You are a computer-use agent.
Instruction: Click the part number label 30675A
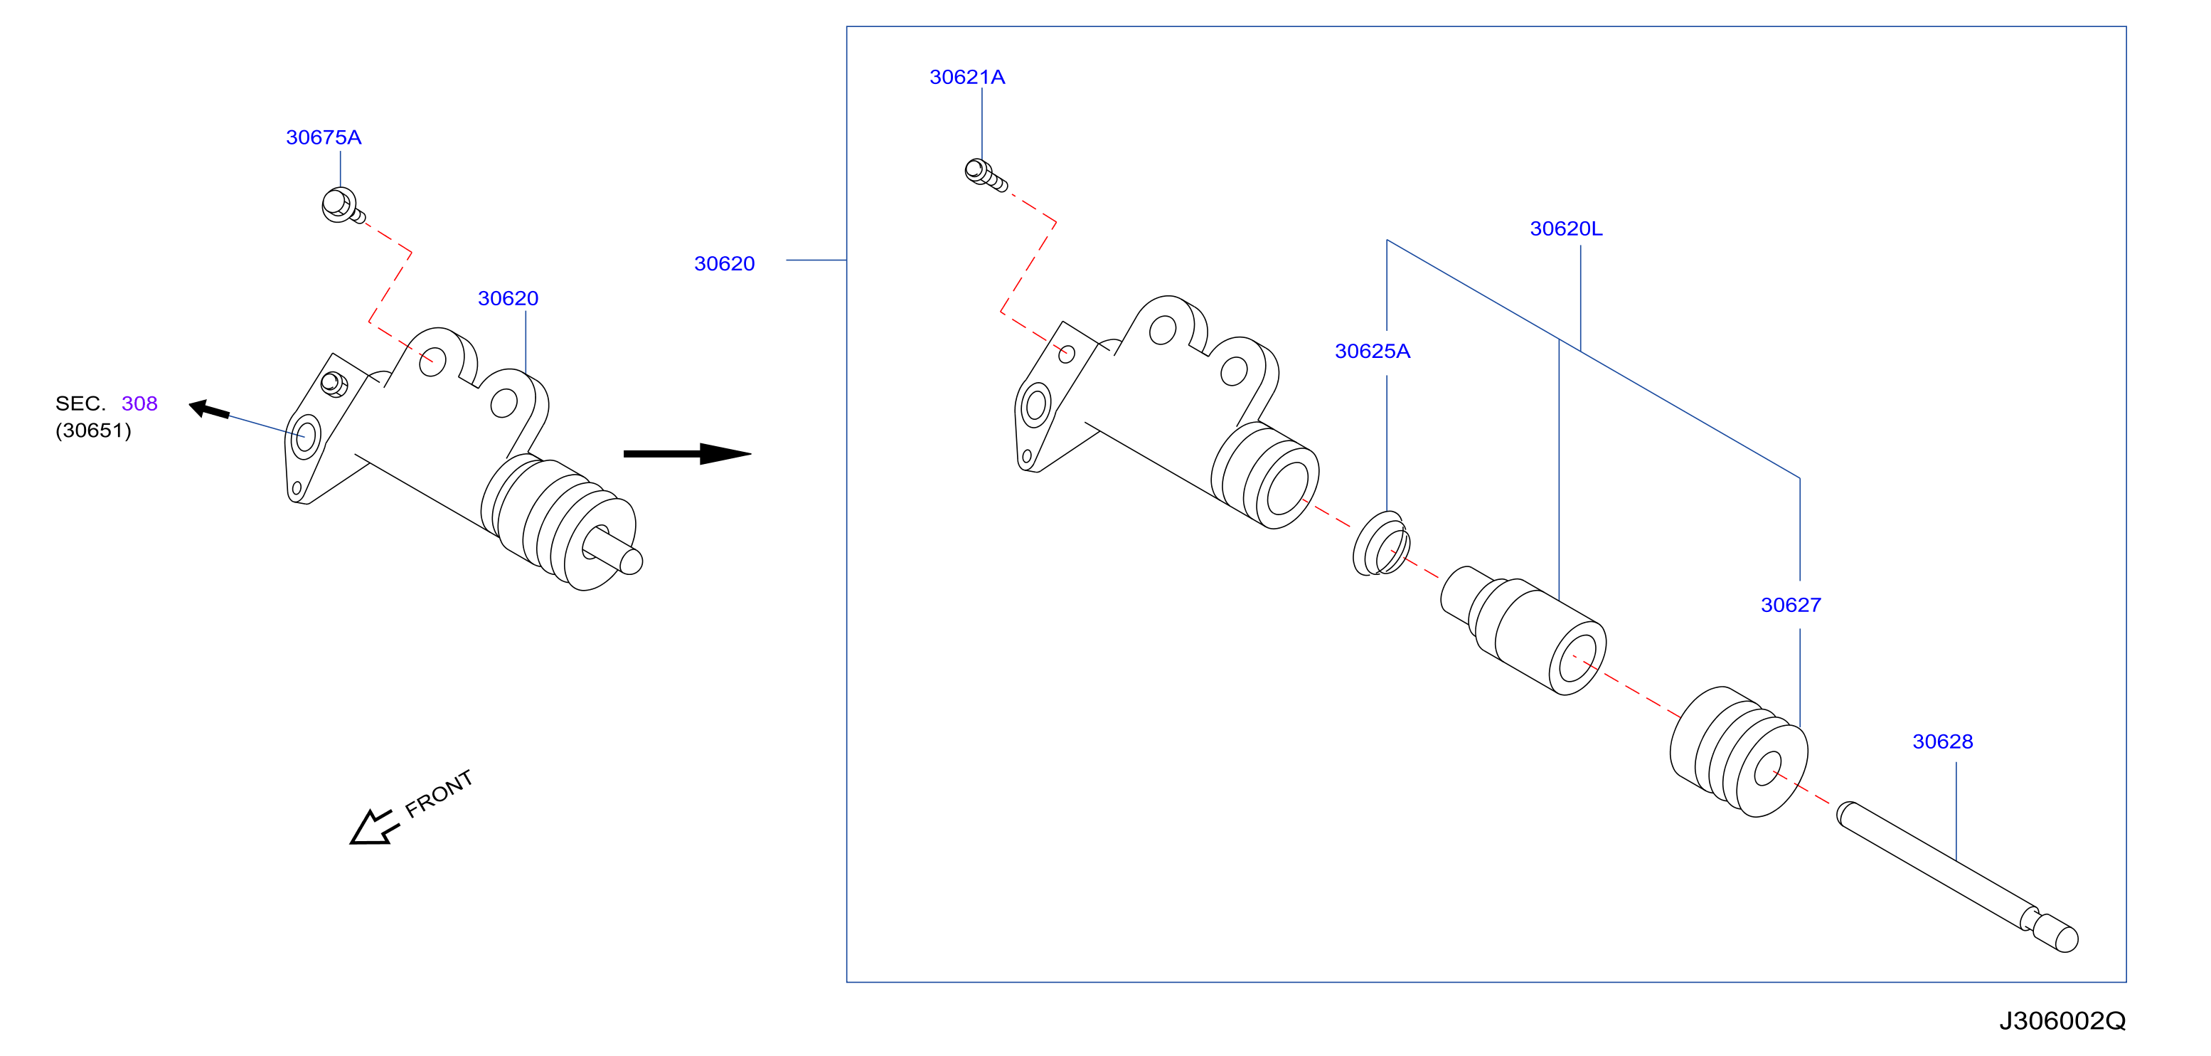[x=323, y=137]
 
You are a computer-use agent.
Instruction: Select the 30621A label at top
[x=966, y=78]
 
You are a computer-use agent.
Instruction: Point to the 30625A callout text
[x=1372, y=351]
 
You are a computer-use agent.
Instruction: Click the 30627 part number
[x=1791, y=606]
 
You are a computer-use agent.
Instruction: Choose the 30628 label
[x=1942, y=741]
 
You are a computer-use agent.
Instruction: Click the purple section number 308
[x=139, y=403]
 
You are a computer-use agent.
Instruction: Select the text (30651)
[x=94, y=430]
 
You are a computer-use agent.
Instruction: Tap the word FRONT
[x=439, y=793]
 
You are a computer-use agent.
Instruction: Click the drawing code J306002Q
[x=2062, y=1021]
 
